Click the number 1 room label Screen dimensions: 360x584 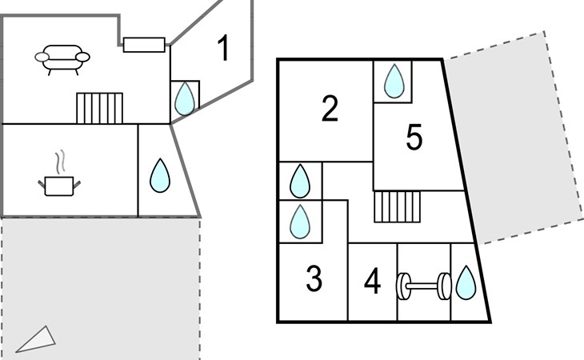224,49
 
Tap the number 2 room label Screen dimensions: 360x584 330,110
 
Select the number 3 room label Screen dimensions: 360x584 314,279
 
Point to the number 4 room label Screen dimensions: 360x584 372,282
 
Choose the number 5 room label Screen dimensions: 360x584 414,138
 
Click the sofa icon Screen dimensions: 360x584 62,58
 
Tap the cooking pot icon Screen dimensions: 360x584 59,186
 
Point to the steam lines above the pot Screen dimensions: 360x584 58,162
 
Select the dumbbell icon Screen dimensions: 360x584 423,286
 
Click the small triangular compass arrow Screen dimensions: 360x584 36,339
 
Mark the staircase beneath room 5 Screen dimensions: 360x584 398,206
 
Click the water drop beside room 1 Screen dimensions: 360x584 185,98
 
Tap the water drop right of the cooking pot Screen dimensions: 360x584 160,176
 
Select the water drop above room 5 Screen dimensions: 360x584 394,81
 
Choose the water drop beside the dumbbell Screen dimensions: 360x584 466,283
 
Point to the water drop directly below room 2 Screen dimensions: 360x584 299,182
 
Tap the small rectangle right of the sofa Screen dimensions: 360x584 144,44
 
